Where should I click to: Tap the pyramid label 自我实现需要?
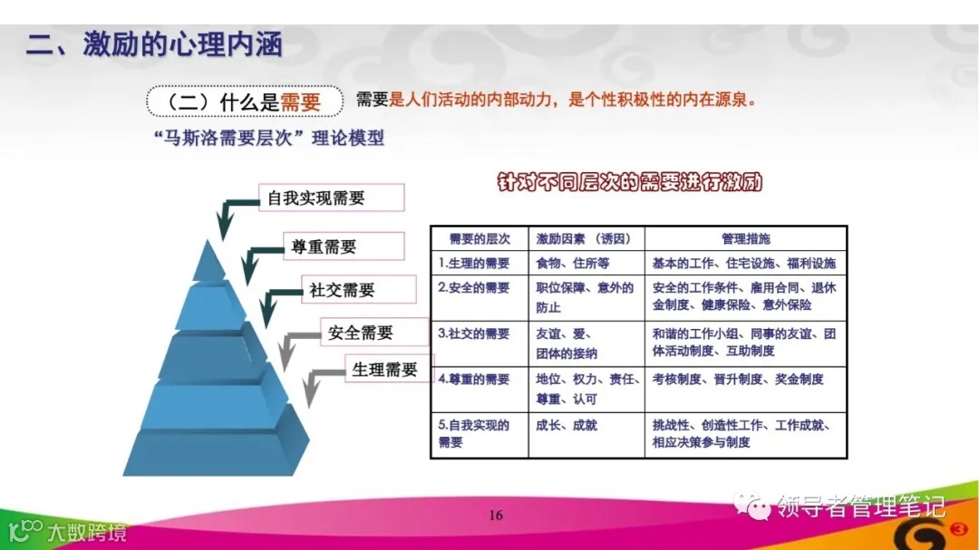click(316, 198)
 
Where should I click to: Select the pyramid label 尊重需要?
click(324, 246)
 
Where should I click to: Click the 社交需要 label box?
click(342, 290)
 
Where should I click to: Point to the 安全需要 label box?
click(361, 333)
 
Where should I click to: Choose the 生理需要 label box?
click(385, 370)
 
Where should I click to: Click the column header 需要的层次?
click(480, 239)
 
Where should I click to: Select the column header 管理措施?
click(745, 239)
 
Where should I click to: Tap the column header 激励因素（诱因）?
click(585, 239)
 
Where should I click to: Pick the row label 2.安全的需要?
click(474, 288)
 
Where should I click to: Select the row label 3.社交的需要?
click(474, 333)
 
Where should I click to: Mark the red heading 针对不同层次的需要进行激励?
click(630, 182)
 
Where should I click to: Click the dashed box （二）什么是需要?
click(245, 101)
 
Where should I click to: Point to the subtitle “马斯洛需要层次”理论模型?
click(269, 139)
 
